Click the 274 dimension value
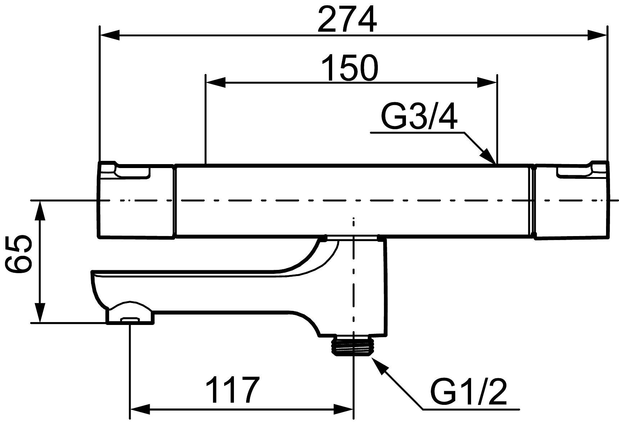pos(347,19)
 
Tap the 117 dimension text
pos(232,390)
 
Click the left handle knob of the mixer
pos(136,200)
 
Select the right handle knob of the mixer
pos(572,200)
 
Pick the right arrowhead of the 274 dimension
pos(597,35)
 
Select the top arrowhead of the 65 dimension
pos(40,211)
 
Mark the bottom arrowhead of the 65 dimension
pos(40,313)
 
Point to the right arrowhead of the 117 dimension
pos(344,409)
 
